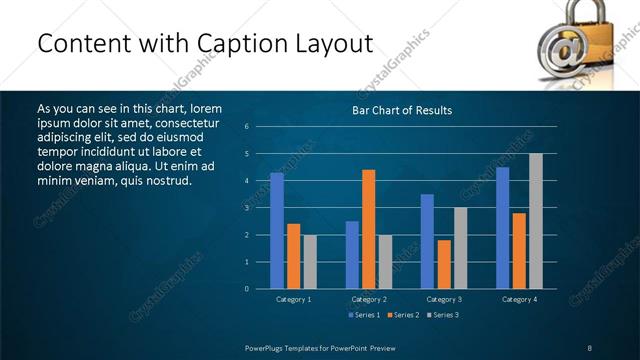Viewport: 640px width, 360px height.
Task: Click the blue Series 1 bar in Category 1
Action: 277,231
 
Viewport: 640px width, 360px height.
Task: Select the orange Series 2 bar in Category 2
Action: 369,229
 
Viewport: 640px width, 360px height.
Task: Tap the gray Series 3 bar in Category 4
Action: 536,221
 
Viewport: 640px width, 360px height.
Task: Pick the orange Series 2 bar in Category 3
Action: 444,264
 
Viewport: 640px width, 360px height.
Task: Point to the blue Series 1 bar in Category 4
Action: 502,228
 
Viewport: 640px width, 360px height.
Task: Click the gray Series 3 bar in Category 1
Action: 310,262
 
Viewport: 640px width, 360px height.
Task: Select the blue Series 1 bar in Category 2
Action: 352,255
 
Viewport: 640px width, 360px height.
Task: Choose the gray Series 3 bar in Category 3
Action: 461,248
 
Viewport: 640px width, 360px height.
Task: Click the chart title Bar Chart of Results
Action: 403,110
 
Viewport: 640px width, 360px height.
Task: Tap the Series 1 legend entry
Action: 363,314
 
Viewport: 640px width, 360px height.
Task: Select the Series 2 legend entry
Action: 403,314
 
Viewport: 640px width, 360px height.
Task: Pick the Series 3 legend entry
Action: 443,314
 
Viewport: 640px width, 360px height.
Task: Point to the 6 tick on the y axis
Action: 247,127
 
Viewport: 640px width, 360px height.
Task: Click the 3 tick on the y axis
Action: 247,208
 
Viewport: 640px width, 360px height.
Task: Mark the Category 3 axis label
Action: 444,299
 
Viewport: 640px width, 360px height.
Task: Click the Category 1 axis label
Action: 294,299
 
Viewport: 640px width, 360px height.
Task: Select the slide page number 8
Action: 590,347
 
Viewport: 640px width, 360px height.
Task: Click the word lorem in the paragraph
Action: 204,108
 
